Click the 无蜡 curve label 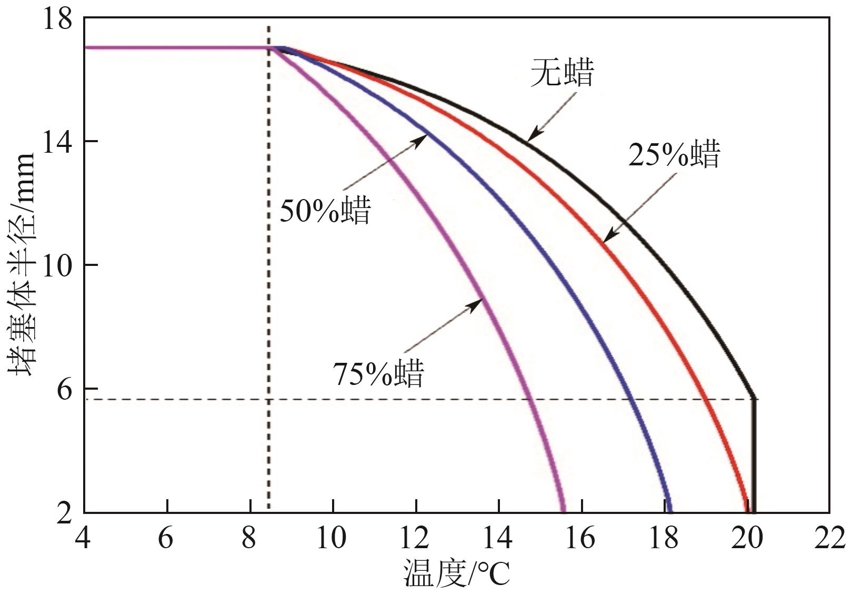pyautogui.click(x=562, y=73)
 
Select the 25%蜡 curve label pyautogui.click(x=674, y=154)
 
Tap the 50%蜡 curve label pyautogui.click(x=325, y=210)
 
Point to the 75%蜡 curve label pyautogui.click(x=378, y=373)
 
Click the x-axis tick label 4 pyautogui.click(x=83, y=539)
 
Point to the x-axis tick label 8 pyautogui.click(x=249, y=539)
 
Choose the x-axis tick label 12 pyautogui.click(x=416, y=539)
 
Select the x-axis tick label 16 pyautogui.click(x=582, y=539)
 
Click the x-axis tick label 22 pyautogui.click(x=829, y=539)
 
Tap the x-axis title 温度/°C pyautogui.click(x=456, y=573)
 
